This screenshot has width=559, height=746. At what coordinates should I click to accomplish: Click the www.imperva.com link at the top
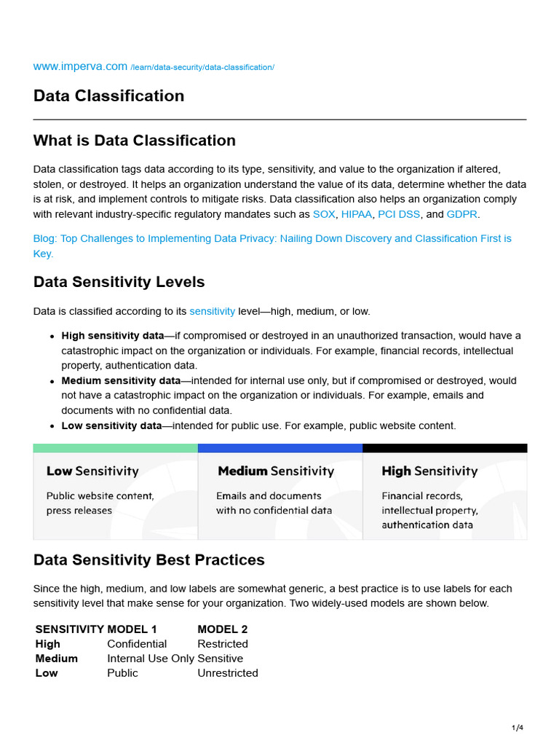[80, 66]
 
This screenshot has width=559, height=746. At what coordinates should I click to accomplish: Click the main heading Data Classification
[108, 96]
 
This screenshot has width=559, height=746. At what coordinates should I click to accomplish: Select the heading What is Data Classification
[134, 141]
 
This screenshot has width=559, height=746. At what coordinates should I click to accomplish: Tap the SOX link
[324, 214]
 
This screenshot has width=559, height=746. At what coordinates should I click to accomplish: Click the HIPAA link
[357, 214]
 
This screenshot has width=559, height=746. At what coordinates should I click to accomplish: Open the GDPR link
[462, 214]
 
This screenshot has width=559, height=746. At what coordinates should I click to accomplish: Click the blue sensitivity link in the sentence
[212, 311]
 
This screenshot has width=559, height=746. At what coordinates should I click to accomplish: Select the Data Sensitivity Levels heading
[119, 282]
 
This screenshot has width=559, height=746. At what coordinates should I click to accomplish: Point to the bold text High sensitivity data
[113, 336]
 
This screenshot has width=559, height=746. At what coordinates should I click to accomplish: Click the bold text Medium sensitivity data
[121, 380]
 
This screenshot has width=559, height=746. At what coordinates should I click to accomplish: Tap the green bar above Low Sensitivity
[115, 448]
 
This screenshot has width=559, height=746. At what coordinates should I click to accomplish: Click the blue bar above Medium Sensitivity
[279, 448]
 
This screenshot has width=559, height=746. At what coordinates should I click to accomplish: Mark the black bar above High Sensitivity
[444, 448]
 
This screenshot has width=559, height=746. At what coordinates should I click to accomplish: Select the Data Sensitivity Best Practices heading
[148, 560]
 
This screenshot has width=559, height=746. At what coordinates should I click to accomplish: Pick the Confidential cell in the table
[137, 644]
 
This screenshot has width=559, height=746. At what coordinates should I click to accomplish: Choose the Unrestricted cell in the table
[227, 673]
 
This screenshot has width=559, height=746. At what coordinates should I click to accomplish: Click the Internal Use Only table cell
[151, 659]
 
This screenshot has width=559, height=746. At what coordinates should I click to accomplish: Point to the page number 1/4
[518, 728]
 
